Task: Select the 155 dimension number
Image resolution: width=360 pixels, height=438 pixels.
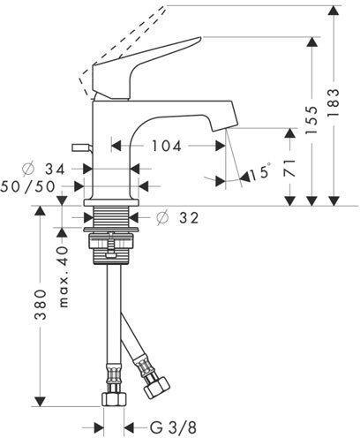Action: click(311, 120)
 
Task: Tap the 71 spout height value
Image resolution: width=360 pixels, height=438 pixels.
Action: click(289, 168)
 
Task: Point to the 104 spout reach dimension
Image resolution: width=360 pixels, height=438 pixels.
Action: click(166, 146)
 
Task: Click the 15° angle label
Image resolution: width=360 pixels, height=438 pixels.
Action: click(259, 172)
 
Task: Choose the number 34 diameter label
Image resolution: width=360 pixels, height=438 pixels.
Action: click(55, 170)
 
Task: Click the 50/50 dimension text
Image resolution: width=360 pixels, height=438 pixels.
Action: click(28, 186)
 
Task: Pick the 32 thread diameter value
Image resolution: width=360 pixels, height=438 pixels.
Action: click(189, 218)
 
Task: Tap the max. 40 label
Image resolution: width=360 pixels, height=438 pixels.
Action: click(64, 276)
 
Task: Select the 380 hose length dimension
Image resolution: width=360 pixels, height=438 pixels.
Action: click(41, 305)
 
